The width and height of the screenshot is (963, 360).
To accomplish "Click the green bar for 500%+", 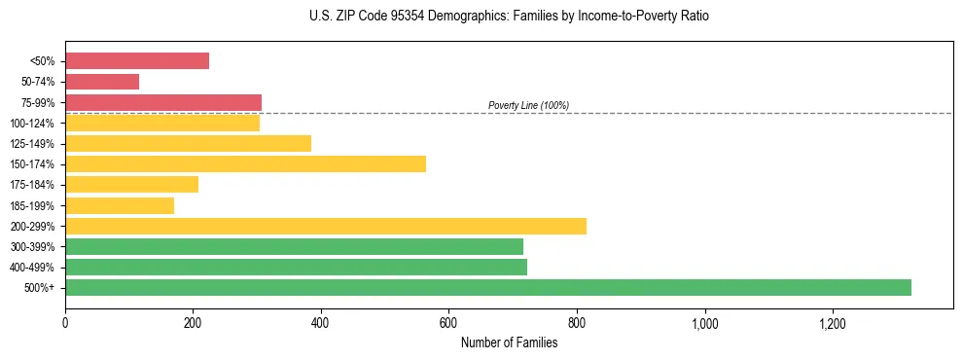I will pyautogui.click(x=487, y=287).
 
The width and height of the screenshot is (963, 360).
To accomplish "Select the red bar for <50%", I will pyautogui.click(x=137, y=60).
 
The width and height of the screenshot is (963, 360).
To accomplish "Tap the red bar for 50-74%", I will pyautogui.click(x=102, y=82).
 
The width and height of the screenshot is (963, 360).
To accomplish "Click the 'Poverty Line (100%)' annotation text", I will pyautogui.click(x=528, y=105).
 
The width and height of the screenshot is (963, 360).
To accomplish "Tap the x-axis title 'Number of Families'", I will pyautogui.click(x=509, y=342).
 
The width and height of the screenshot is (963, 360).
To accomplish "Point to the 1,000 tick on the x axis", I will pyautogui.click(x=704, y=323).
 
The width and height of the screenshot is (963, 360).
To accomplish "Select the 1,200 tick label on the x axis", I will pyautogui.click(x=832, y=323).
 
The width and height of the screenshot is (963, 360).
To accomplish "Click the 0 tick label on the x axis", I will pyautogui.click(x=65, y=323).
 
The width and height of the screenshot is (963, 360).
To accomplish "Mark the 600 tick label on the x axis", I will pyautogui.click(x=448, y=323).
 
